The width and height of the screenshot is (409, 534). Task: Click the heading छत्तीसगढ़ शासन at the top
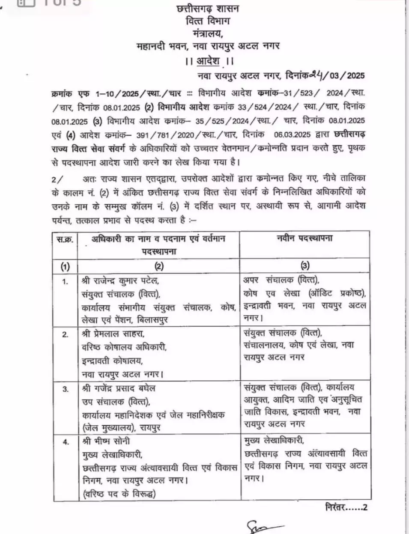(x=208, y=8)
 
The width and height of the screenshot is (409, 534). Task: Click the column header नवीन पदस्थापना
(x=305, y=239)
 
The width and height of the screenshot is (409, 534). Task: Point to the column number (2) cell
(x=159, y=266)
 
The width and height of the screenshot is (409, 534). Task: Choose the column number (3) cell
(x=305, y=266)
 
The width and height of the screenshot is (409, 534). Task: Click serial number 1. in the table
(x=65, y=282)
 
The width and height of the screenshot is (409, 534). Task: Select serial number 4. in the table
(x=65, y=442)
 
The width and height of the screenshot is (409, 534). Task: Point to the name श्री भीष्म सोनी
(x=106, y=441)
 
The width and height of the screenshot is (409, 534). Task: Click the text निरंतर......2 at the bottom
(x=346, y=507)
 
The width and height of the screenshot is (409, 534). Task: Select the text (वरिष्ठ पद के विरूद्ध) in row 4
(x=119, y=494)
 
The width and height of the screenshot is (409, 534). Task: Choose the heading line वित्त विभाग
(x=208, y=20)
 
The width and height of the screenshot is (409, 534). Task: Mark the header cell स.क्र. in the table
(x=65, y=239)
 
